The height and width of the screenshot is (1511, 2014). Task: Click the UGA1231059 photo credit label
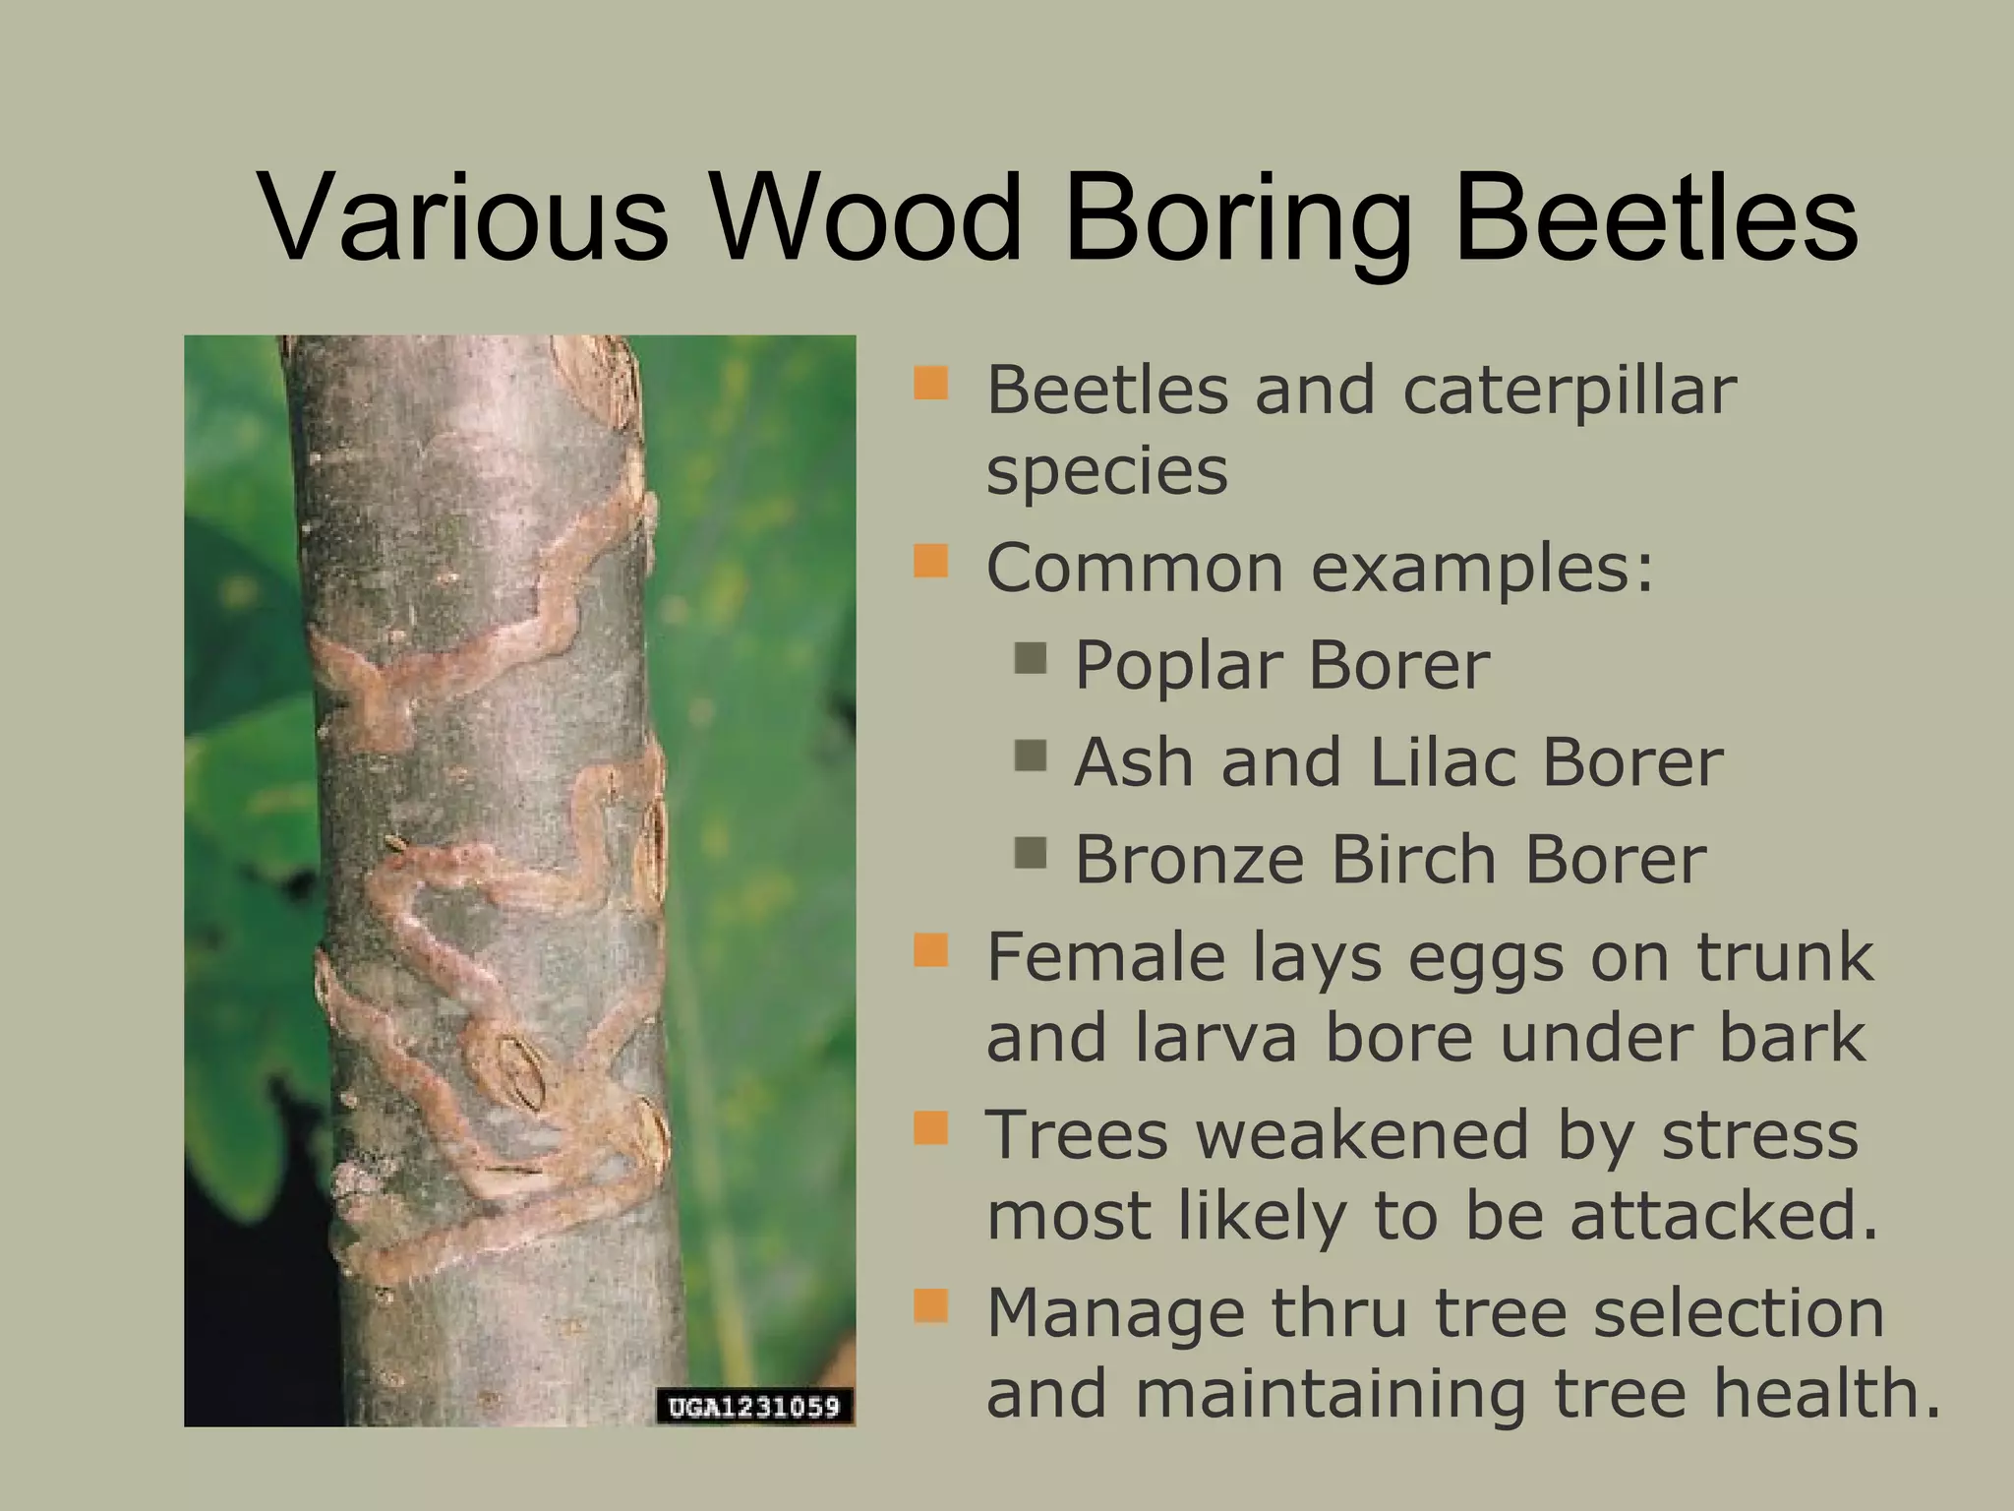tap(754, 1407)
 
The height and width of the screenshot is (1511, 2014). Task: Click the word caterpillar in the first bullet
tap(1569, 392)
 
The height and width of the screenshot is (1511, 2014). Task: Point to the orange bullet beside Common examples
tap(930, 563)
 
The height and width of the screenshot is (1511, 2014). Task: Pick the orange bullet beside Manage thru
tap(930, 1307)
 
